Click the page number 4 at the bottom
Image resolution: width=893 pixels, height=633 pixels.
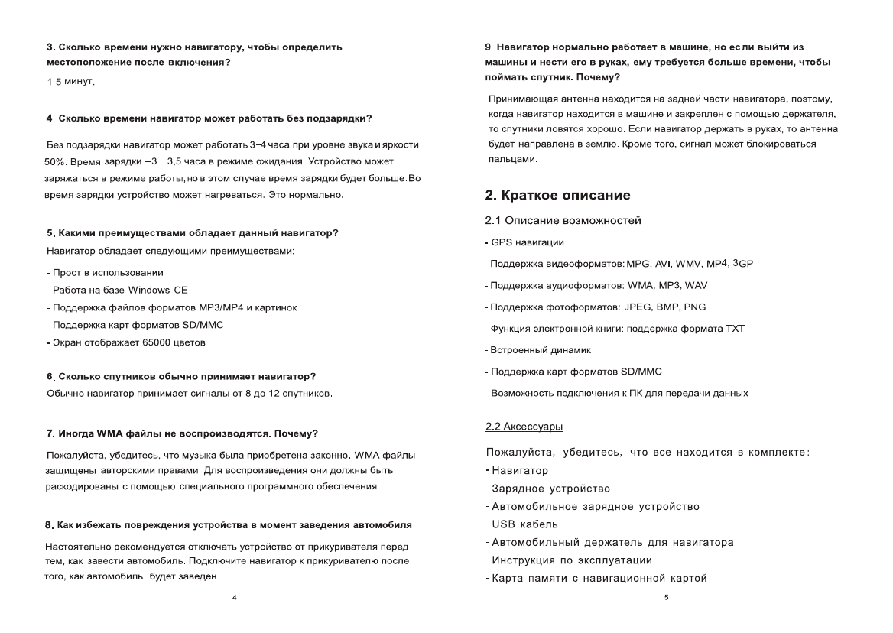pyautogui.click(x=235, y=596)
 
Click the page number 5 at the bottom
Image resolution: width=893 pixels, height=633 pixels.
pyautogui.click(x=666, y=596)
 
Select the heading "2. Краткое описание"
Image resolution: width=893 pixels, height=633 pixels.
pyautogui.click(x=558, y=196)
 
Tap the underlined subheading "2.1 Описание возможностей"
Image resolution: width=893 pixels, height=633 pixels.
pyautogui.click(x=563, y=221)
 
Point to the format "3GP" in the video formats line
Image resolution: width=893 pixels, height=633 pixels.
pyautogui.click(x=742, y=263)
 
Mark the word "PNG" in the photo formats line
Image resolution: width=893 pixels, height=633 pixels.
pyautogui.click(x=695, y=307)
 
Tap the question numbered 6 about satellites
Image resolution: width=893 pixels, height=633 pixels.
pyautogui.click(x=181, y=376)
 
